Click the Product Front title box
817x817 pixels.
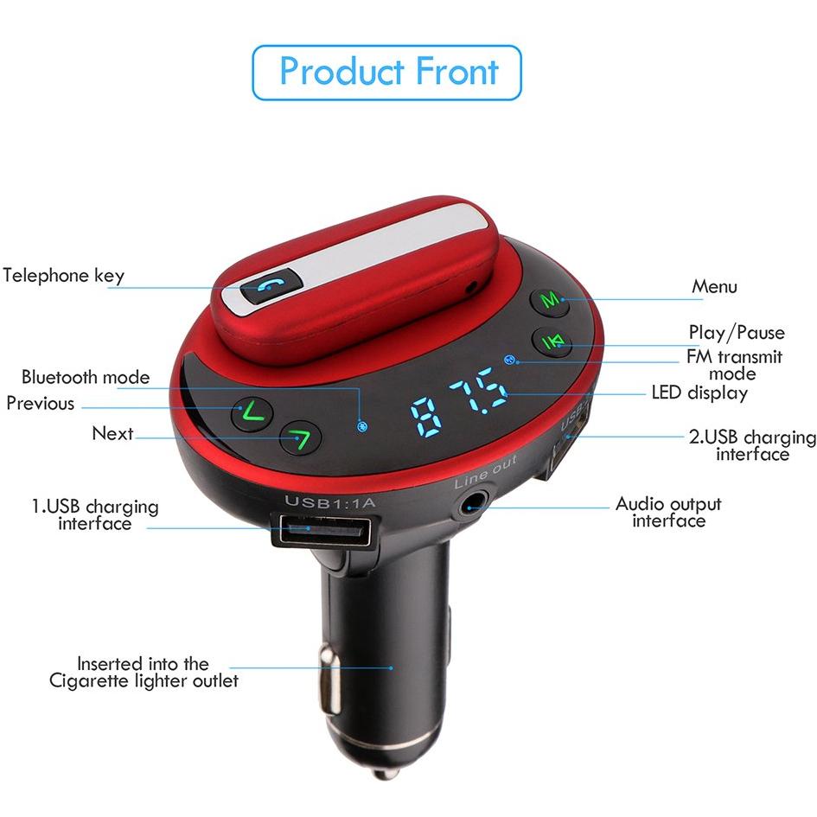pyautogui.click(x=387, y=73)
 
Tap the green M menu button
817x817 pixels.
pyautogui.click(x=549, y=300)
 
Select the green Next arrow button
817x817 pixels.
pyautogui.click(x=300, y=438)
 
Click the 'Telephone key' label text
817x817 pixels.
pyautogui.click(x=64, y=276)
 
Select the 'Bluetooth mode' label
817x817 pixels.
pyautogui.click(x=86, y=377)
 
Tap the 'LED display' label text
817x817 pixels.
pyautogui.click(x=699, y=393)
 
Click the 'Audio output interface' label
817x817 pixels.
pyautogui.click(x=668, y=512)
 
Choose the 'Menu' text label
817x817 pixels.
pyautogui.click(x=714, y=287)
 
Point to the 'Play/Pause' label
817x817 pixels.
pyautogui.click(x=737, y=333)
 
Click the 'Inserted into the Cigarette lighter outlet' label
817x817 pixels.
pyautogui.click(x=144, y=672)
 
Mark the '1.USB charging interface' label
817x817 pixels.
pyautogui.click(x=95, y=514)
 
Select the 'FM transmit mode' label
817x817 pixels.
pyautogui.click(x=734, y=365)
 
